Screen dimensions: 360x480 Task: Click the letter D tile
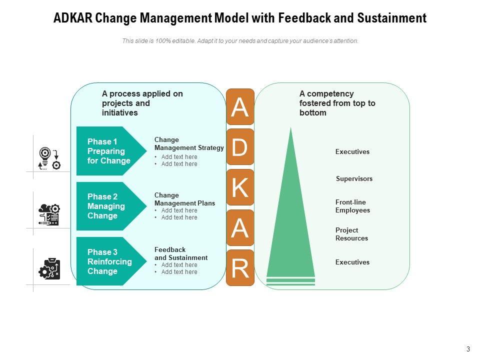(x=240, y=147)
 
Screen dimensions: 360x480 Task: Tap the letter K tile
(x=240, y=187)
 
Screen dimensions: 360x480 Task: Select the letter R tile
(x=240, y=268)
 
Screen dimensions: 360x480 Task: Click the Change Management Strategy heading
(x=189, y=144)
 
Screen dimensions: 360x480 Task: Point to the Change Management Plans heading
(x=184, y=199)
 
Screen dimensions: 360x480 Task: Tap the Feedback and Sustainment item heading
(x=180, y=253)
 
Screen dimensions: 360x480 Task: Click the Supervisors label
(x=354, y=178)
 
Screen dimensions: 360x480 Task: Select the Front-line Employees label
(x=352, y=206)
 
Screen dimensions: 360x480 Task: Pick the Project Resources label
(x=351, y=234)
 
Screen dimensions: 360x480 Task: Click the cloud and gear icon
(x=49, y=214)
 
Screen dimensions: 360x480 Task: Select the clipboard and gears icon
(x=49, y=269)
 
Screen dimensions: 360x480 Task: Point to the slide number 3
(x=467, y=349)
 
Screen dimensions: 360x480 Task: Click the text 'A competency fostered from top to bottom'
(x=337, y=103)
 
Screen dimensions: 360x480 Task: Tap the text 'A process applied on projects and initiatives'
(x=142, y=103)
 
